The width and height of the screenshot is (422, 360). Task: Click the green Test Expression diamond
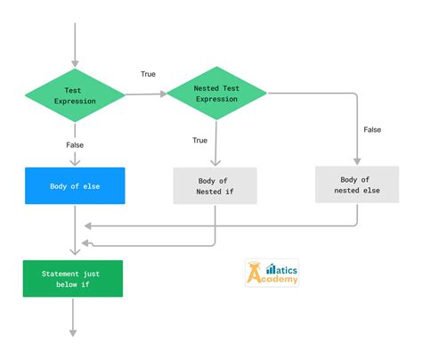(74, 95)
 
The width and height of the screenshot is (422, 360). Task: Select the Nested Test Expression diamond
(217, 94)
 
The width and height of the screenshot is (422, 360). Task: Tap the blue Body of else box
(74, 185)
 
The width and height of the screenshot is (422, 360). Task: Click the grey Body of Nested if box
(215, 185)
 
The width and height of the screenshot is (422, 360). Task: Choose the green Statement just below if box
(73, 278)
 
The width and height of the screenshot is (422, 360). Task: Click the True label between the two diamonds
(148, 73)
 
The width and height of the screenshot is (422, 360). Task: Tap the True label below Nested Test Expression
(200, 140)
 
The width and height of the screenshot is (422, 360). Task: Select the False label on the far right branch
(372, 129)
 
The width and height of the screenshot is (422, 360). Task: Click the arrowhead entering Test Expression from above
(74, 62)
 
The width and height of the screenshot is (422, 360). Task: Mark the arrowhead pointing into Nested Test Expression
(164, 93)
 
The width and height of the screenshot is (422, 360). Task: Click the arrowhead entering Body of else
(74, 161)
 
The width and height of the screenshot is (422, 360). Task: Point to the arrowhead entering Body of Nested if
(215, 161)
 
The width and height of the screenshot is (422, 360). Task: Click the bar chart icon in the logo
(270, 266)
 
